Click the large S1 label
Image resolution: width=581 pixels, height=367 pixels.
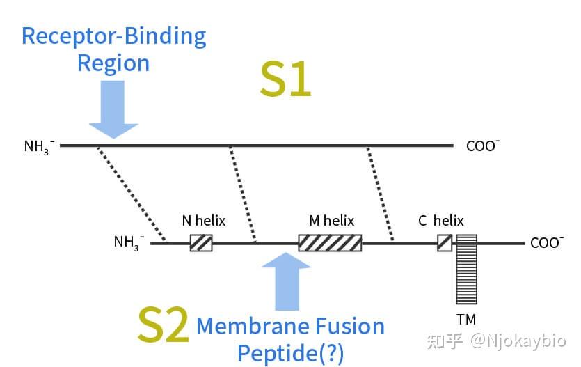tap(285, 79)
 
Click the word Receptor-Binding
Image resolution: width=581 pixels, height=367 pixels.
tap(114, 37)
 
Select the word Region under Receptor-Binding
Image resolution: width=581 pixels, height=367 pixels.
tap(113, 63)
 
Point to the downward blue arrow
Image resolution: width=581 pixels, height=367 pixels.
tap(113, 109)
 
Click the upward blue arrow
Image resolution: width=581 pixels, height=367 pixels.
tap(286, 281)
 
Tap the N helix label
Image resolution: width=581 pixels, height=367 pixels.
tap(204, 221)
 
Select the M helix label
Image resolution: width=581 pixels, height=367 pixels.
tap(332, 221)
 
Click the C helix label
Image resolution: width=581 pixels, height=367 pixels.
tap(441, 221)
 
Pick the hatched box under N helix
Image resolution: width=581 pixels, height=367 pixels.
tap(201, 243)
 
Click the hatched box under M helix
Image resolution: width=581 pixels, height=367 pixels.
tap(330, 243)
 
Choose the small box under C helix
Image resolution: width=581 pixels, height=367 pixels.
tap(445, 243)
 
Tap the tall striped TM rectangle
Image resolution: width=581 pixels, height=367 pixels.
tap(466, 269)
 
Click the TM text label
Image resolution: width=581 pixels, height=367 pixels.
tap(466, 320)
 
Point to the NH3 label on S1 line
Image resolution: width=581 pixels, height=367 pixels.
tap(39, 147)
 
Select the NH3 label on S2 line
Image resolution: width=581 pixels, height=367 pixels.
tap(129, 242)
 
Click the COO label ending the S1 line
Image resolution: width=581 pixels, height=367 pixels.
tap(483, 146)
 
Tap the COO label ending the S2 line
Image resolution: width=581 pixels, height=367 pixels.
tap(547, 243)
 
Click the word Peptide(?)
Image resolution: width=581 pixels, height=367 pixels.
tap(291, 353)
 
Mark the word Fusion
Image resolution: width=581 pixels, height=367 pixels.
tap(350, 326)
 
